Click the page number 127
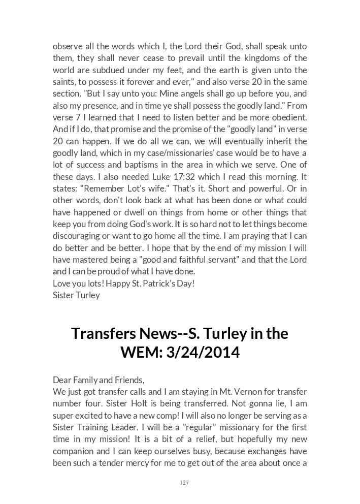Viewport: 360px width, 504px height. [x=184, y=483]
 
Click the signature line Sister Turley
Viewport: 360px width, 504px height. [x=76, y=295]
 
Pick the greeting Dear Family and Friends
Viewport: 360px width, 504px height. [x=99, y=380]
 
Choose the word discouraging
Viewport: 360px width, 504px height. [x=78, y=236]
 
